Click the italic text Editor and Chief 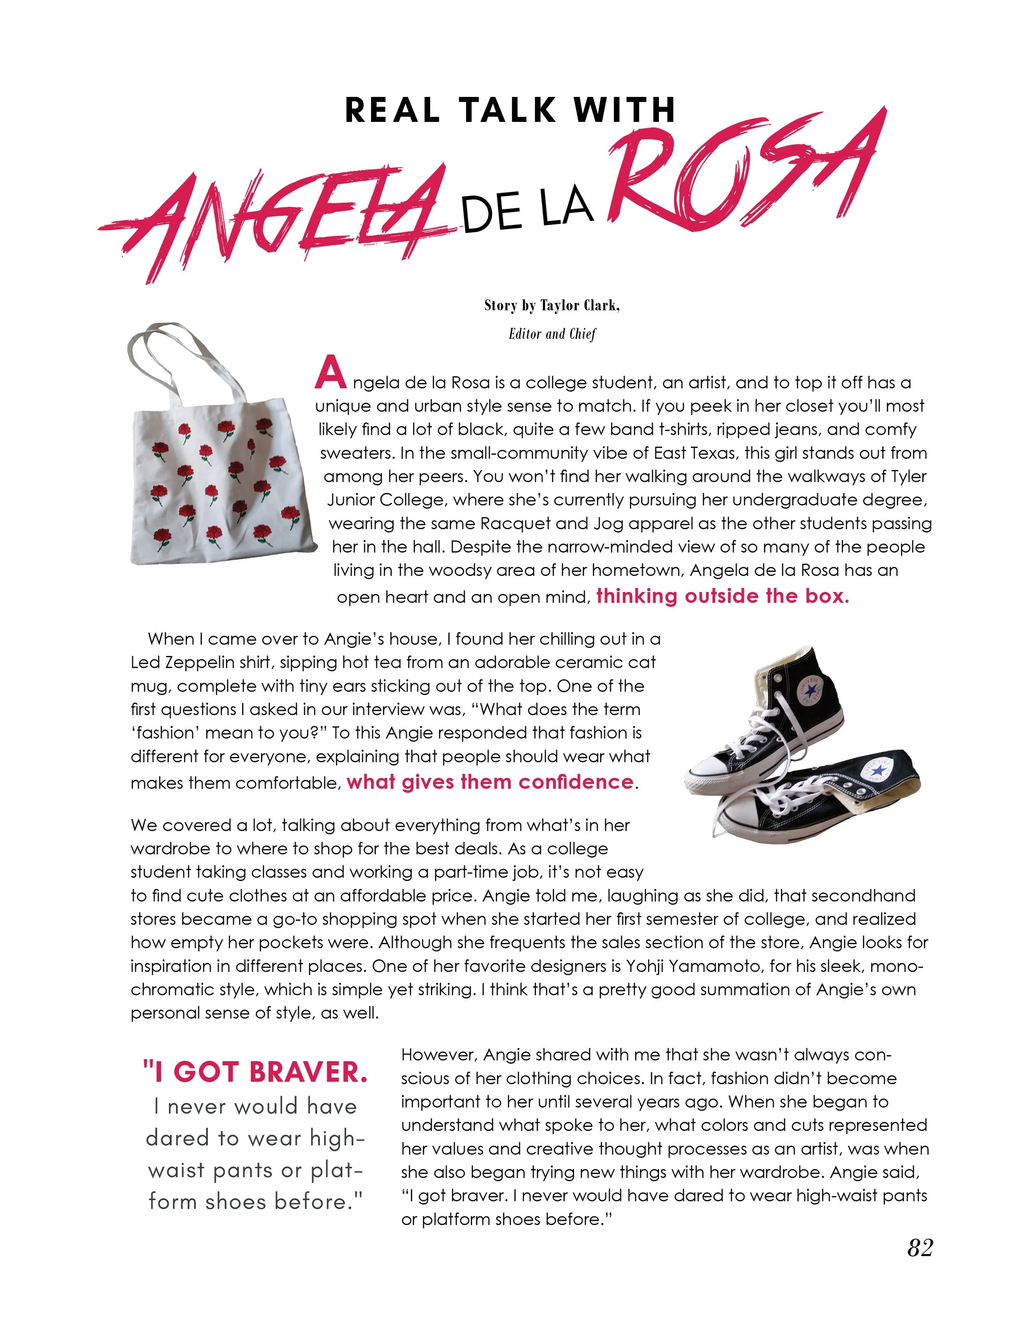[553, 334]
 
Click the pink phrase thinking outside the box [722, 596]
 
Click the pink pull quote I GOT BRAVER [256, 1072]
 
